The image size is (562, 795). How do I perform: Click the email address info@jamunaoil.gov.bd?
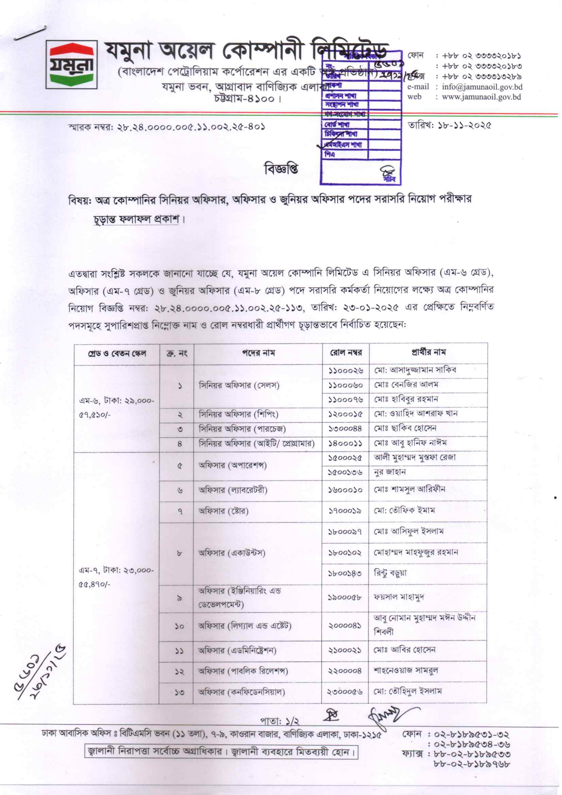482,87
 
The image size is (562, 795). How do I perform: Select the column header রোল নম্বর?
345,354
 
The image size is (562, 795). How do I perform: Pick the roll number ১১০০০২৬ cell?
345,371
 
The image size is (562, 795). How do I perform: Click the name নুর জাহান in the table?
390,472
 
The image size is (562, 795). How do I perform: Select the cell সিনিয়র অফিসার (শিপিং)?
238,415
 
